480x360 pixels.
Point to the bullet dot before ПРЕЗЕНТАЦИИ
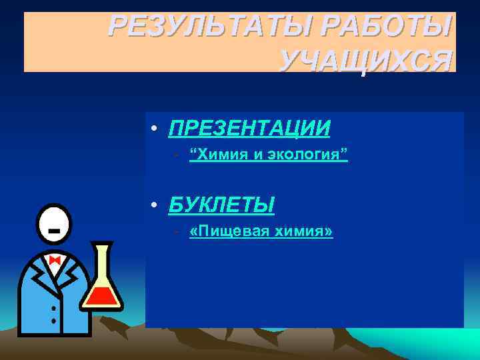coord(154,128)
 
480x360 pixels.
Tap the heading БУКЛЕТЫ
coord(221,205)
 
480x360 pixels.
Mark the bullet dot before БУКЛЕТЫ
coord(154,206)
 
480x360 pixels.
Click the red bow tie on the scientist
coord(55,260)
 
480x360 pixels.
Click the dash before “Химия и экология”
coord(175,156)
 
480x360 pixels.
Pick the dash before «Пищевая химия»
coord(175,232)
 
